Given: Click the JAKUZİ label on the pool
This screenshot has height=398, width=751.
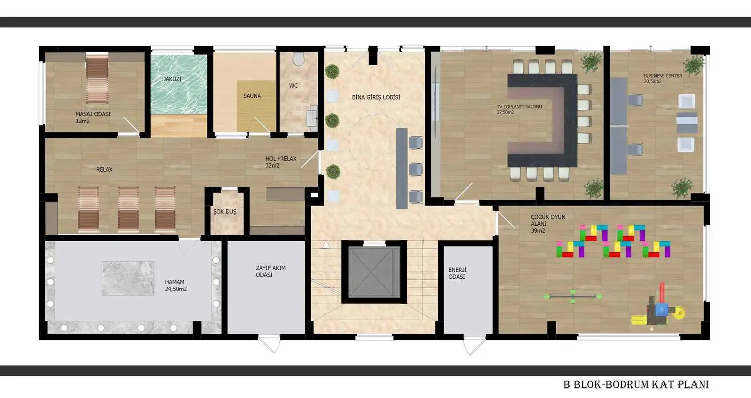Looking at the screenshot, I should (x=172, y=79).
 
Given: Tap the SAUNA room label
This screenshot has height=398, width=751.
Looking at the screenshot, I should (x=252, y=96).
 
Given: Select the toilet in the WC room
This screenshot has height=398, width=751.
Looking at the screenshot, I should (x=298, y=59).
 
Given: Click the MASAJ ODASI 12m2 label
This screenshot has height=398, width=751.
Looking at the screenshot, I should (x=92, y=117).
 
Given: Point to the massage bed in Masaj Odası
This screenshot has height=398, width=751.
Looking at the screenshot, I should (x=97, y=78).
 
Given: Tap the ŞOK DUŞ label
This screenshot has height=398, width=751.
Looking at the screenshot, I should (x=225, y=212).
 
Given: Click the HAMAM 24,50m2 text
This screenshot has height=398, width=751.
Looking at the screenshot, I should (x=176, y=285).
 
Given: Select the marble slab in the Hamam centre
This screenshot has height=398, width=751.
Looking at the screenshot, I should (x=128, y=278).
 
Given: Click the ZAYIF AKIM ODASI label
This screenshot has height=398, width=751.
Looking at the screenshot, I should (x=270, y=271).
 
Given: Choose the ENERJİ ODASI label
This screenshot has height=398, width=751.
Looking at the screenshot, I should (x=457, y=273).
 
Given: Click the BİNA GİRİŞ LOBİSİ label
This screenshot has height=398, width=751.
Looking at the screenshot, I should (x=376, y=98).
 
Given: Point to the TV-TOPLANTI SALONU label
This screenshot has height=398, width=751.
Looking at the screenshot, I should (x=519, y=109).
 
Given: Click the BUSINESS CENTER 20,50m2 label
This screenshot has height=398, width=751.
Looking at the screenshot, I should (x=662, y=78).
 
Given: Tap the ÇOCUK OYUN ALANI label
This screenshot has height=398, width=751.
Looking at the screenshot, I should (x=548, y=223).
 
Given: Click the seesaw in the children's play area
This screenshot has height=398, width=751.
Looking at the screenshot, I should (x=573, y=296).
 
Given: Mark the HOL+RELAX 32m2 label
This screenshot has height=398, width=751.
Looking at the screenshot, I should (x=281, y=162).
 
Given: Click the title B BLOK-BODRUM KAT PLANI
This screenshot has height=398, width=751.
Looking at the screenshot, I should (x=636, y=384).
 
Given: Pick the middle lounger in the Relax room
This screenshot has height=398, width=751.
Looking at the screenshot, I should (x=128, y=209).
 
